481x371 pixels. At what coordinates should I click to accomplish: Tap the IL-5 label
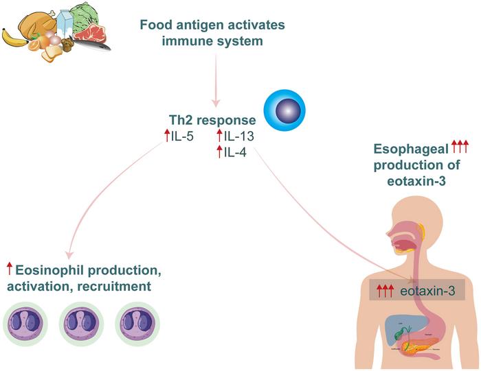click(x=182, y=136)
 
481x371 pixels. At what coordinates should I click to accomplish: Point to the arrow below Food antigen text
click(x=218, y=75)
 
